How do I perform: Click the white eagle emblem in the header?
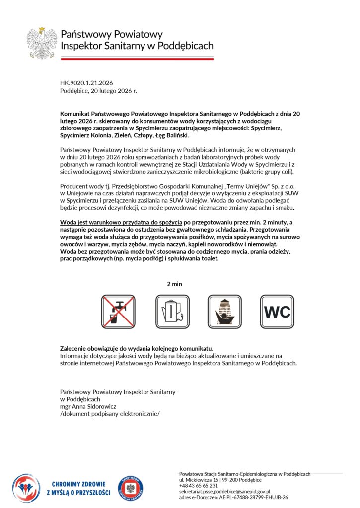[42, 43]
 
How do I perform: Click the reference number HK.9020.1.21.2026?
[86, 83]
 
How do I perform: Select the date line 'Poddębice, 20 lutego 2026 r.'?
[98, 91]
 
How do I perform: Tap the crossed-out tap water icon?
[118, 311]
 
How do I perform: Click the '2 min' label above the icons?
[175, 284]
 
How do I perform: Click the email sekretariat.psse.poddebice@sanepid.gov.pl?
[224, 491]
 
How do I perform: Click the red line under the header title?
[137, 59]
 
